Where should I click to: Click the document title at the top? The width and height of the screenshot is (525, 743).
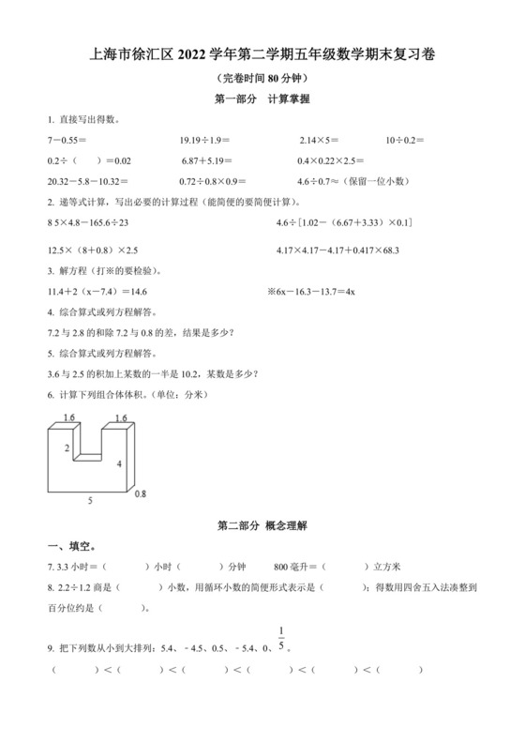262,55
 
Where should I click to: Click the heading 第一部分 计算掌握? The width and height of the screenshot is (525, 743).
262,99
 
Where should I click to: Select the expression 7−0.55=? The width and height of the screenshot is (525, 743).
66,140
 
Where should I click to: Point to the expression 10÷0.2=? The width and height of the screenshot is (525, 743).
405,140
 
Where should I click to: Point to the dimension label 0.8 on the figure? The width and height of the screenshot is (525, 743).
141,493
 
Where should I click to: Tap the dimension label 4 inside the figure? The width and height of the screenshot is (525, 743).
118,464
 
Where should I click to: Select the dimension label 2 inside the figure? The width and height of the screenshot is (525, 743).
67,448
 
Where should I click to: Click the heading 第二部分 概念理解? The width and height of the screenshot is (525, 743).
262,526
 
